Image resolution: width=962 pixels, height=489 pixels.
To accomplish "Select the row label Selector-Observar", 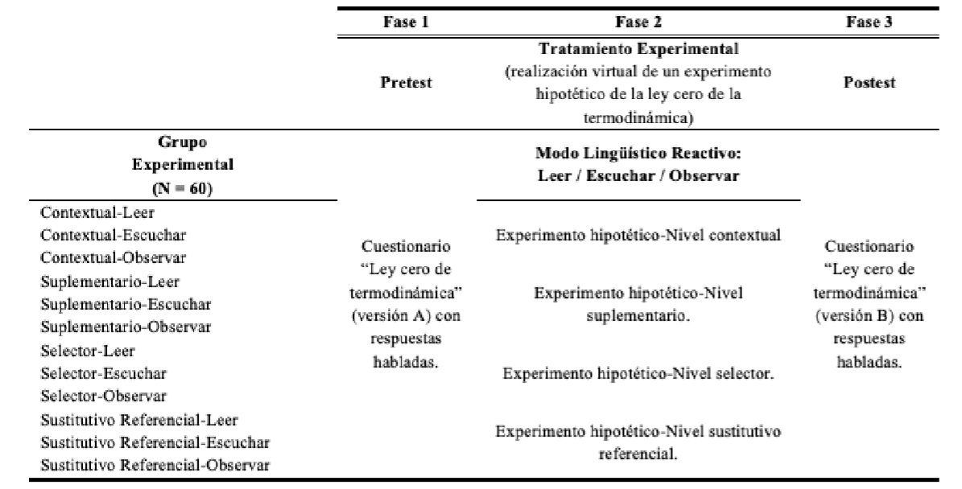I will point(90,397).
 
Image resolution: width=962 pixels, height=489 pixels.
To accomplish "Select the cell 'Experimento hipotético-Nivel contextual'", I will point(638,236).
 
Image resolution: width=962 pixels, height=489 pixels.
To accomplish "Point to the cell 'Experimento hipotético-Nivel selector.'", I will point(638,374).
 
